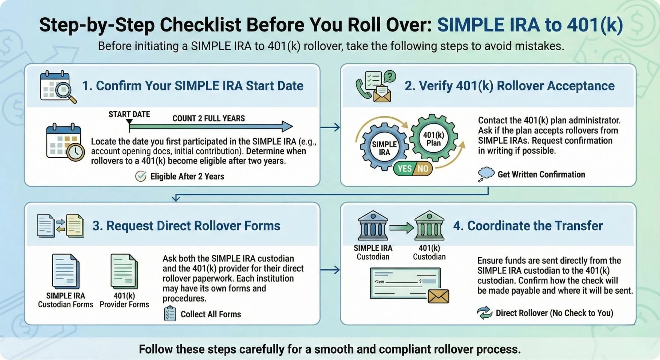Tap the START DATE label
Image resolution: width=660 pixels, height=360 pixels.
click(129, 114)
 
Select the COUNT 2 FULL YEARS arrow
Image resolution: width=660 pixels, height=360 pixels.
click(210, 126)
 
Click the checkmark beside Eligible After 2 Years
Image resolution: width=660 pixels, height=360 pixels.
click(141, 176)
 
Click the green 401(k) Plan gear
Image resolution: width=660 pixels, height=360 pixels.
click(433, 138)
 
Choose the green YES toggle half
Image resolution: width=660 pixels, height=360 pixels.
click(404, 169)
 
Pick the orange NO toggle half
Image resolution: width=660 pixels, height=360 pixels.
click(423, 169)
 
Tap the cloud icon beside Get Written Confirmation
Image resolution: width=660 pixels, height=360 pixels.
click(486, 174)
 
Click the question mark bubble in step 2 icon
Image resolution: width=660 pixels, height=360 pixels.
click(390, 77)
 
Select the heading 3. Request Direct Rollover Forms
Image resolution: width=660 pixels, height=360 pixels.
click(186, 226)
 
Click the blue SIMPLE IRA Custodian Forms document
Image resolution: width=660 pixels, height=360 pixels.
click(66, 271)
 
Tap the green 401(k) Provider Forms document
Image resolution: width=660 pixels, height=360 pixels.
click(124, 271)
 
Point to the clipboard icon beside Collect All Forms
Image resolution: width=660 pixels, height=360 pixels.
click(170, 314)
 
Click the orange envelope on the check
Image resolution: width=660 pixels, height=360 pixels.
click(438, 296)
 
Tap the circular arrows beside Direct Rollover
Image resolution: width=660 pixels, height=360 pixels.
click(484, 313)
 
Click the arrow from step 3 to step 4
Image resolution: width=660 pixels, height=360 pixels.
click(330, 270)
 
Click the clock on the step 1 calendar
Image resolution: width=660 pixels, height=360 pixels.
click(76, 152)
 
